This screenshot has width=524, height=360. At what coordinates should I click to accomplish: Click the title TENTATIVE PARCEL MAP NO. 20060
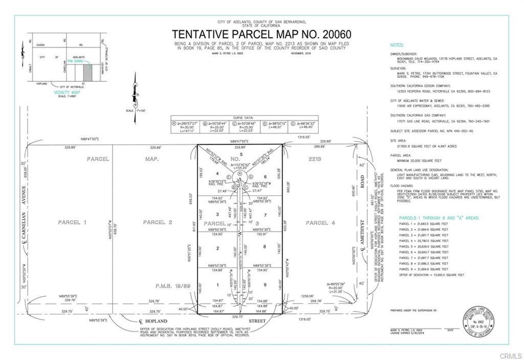(x=261, y=35)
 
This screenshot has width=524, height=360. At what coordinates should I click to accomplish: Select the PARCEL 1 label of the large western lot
(x=69, y=222)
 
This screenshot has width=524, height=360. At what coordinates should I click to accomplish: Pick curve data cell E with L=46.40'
(x=303, y=126)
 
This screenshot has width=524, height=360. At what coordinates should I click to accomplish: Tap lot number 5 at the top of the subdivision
(x=241, y=154)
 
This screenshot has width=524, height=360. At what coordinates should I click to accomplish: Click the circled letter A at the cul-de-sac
(x=239, y=175)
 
